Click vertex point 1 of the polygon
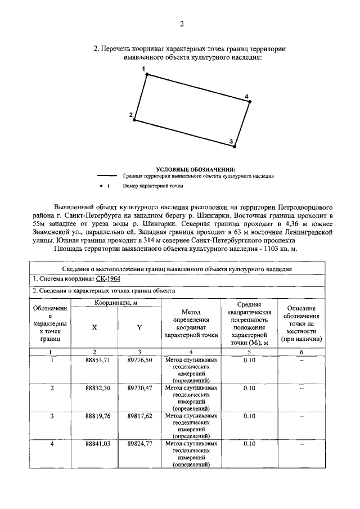147,74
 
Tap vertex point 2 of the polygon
134,119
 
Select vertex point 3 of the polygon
235,146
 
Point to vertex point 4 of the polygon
250,102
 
